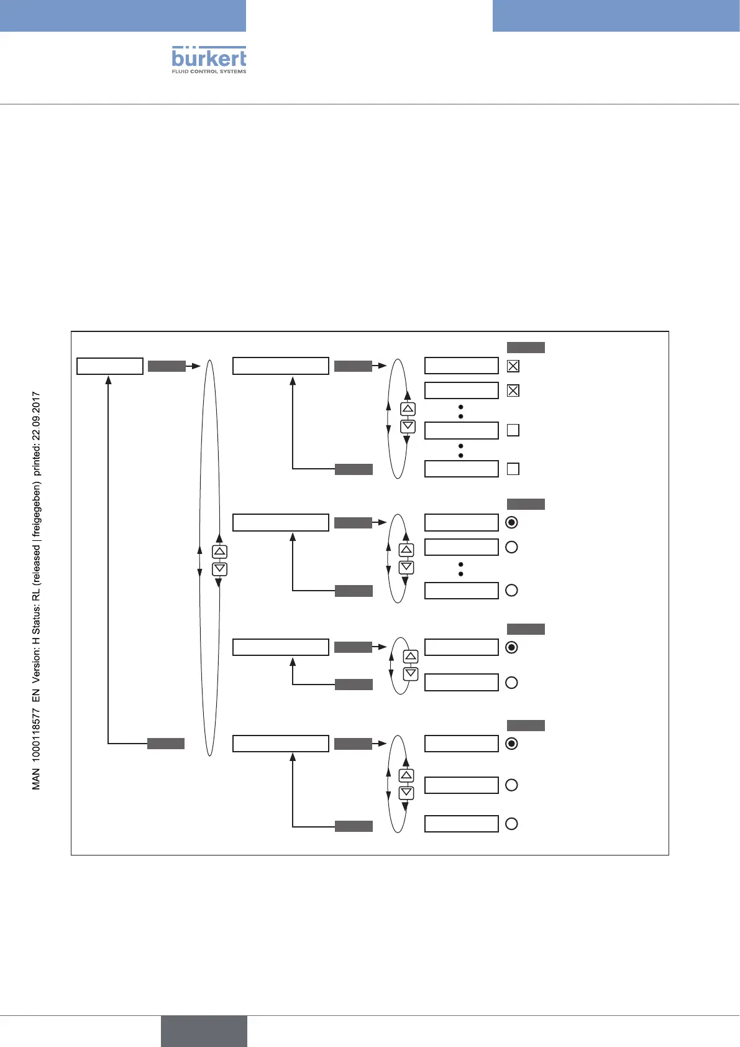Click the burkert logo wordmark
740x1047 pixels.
[x=209, y=58]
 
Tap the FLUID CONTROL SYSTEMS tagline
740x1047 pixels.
[x=209, y=71]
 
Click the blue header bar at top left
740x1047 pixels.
[x=123, y=16]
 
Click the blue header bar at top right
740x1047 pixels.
[x=616, y=16]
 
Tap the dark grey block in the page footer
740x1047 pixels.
[x=204, y=1031]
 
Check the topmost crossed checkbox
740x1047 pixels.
[x=513, y=366]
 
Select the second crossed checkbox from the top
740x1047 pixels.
[x=513, y=390]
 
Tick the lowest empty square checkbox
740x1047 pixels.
[x=513, y=469]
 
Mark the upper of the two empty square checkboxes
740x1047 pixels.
[x=513, y=430]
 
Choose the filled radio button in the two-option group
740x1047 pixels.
[x=511, y=647]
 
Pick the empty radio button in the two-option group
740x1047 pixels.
[x=511, y=683]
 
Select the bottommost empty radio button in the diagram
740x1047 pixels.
[x=511, y=824]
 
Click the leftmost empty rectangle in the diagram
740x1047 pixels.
[x=110, y=366]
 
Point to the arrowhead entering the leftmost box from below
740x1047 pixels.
[x=108, y=380]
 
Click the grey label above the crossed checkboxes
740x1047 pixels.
[x=526, y=348]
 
